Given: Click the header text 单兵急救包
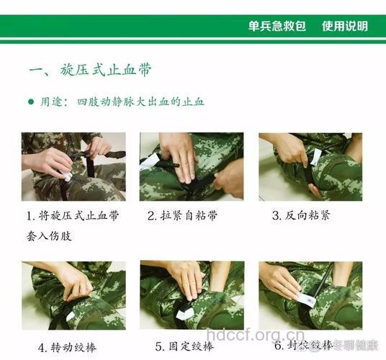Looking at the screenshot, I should pyautogui.click(x=277, y=26).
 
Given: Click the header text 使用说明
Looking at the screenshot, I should pyautogui.click(x=345, y=26).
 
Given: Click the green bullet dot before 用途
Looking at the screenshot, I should pyautogui.click(x=30, y=102).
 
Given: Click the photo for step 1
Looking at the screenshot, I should pyautogui.click(x=73, y=166).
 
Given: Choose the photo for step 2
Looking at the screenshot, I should pyautogui.click(x=192, y=166).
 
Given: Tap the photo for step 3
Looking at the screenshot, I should pyautogui.click(x=310, y=166).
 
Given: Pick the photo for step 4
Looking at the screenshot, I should pyautogui.click(x=73, y=295).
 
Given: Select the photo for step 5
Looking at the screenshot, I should pyautogui.click(x=192, y=295).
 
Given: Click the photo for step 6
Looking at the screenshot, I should pyautogui.click(x=310, y=295).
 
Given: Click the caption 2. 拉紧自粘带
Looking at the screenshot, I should pyautogui.click(x=183, y=215).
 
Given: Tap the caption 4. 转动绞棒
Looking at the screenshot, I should pyautogui.click(x=66, y=347).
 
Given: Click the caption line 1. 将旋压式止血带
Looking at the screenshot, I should pyautogui.click(x=73, y=215).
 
